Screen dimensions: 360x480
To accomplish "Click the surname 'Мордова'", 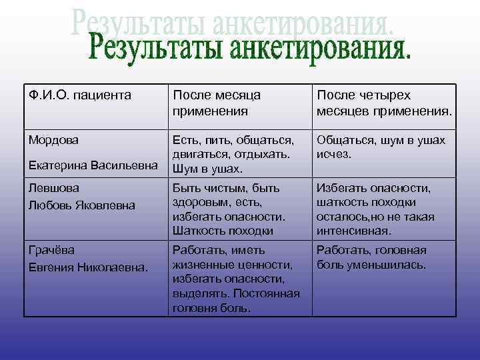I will (x=53, y=140).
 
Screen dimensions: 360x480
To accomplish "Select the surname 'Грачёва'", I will (x=51, y=250).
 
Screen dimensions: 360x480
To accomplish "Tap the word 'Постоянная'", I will (x=266, y=294).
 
